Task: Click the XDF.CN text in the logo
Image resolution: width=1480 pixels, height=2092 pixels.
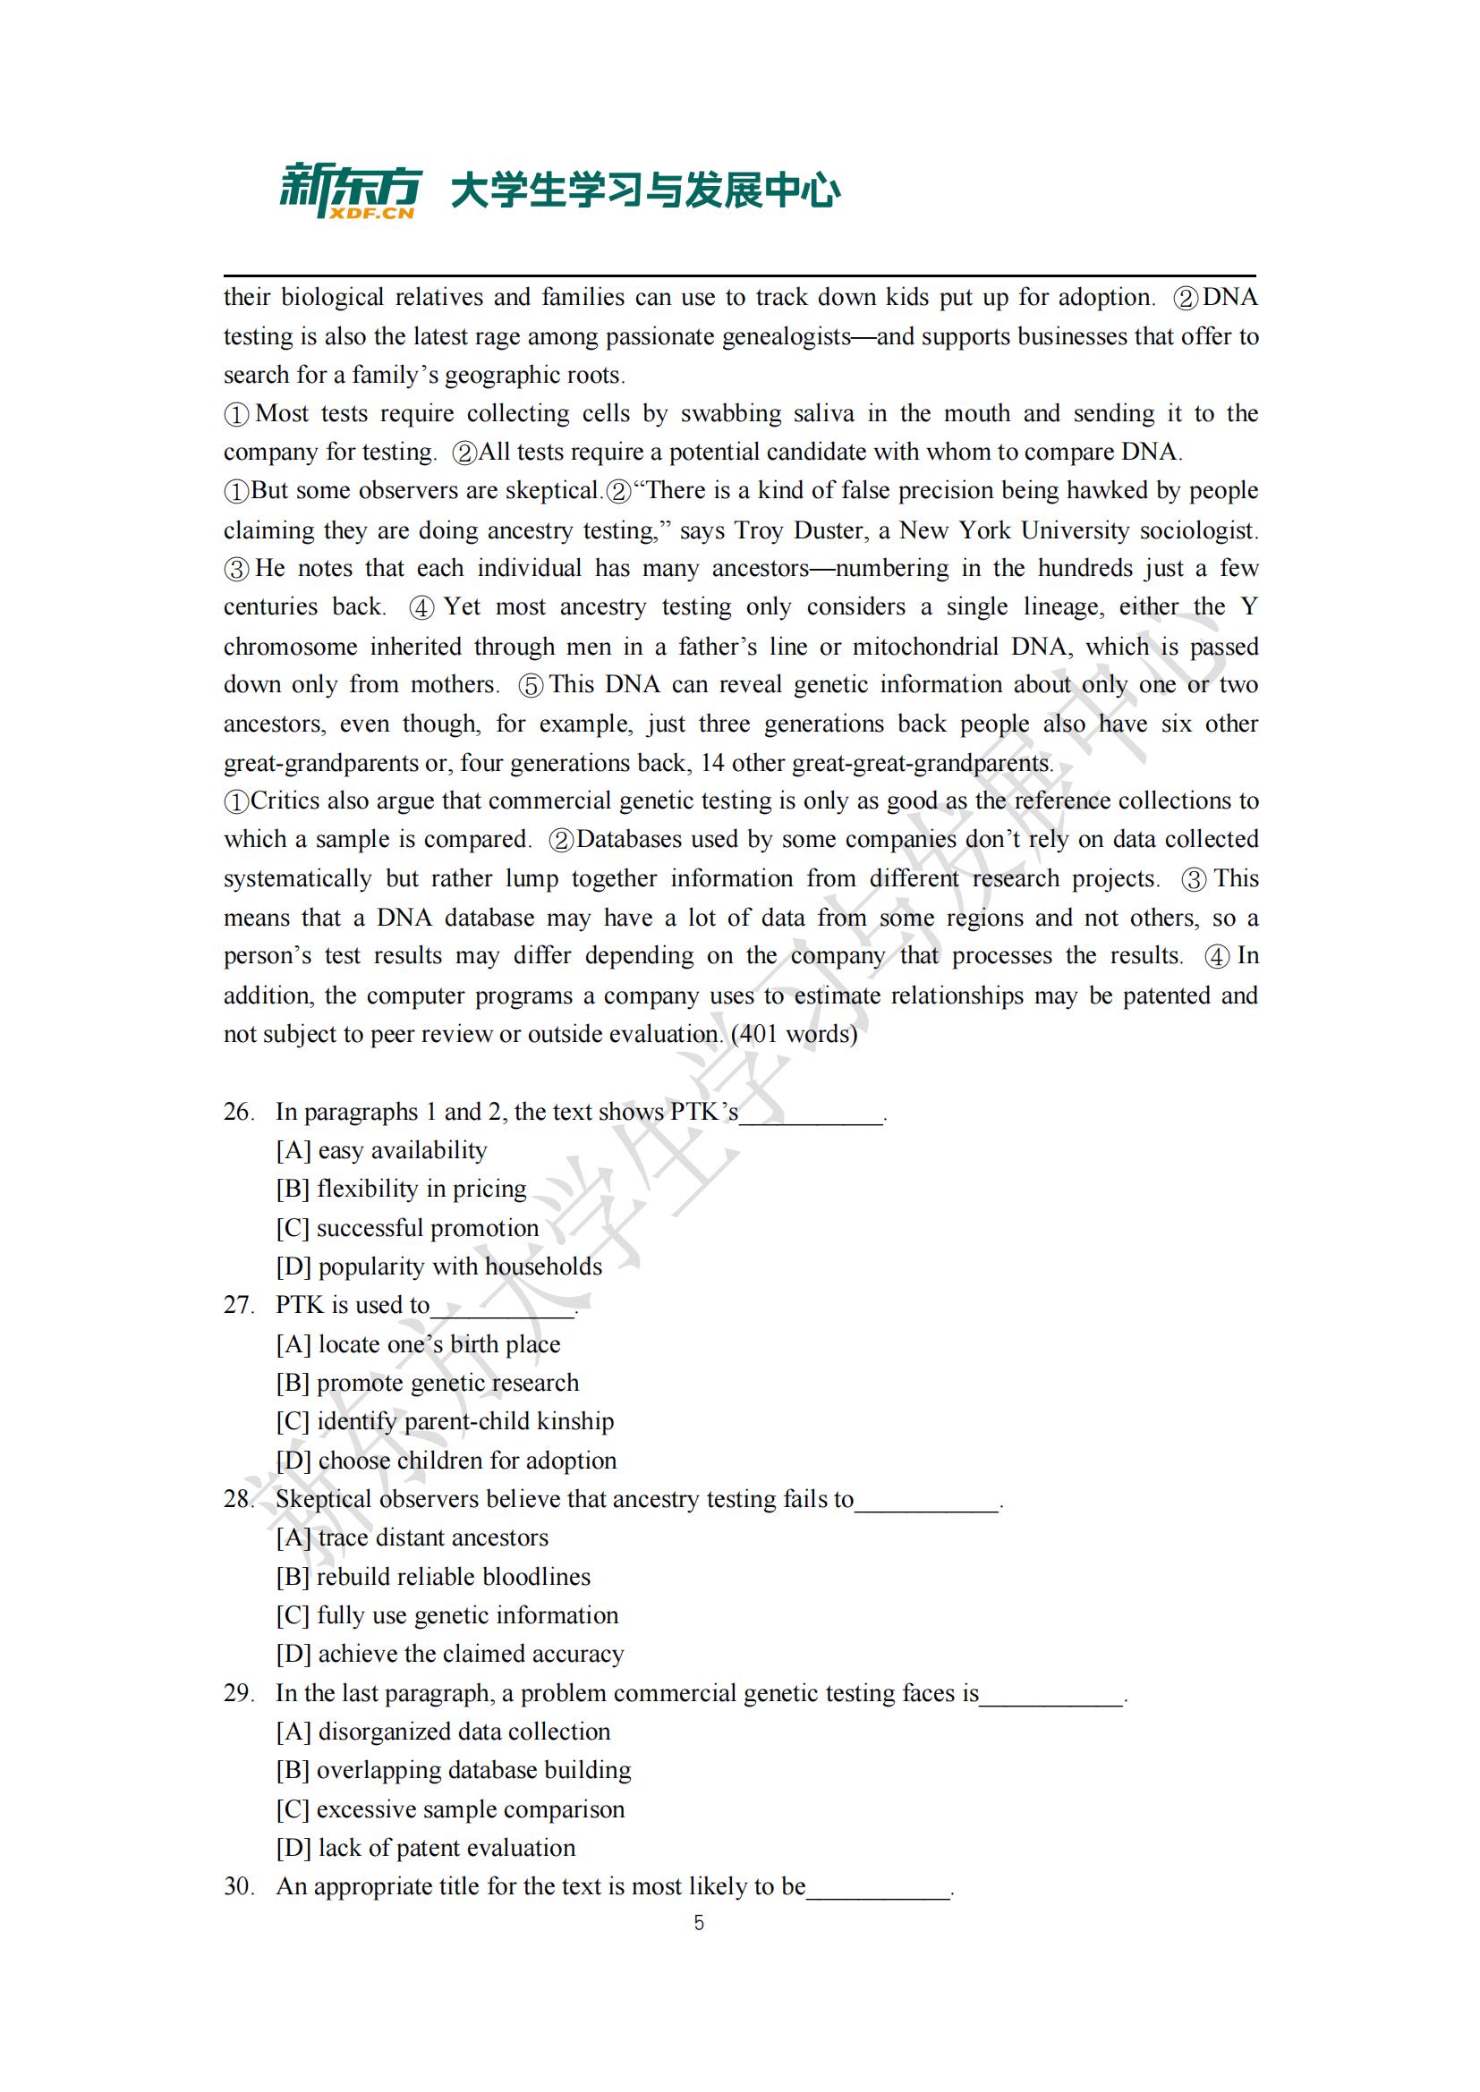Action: click(x=372, y=213)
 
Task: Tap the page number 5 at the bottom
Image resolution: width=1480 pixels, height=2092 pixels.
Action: click(x=699, y=1923)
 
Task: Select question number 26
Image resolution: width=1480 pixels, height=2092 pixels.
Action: click(x=238, y=1112)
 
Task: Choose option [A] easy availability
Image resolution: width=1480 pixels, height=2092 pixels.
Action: click(x=381, y=1150)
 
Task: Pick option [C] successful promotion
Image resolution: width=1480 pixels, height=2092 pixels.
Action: click(x=407, y=1227)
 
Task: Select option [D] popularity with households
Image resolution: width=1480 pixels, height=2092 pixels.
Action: click(x=438, y=1266)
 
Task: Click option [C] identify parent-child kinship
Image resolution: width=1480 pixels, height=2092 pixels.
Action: click(x=445, y=1420)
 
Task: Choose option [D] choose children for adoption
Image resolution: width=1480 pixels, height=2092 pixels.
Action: click(x=446, y=1460)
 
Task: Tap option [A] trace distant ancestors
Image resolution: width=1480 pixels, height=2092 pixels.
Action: click(x=412, y=1537)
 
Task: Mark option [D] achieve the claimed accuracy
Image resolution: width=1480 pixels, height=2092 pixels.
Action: click(x=449, y=1653)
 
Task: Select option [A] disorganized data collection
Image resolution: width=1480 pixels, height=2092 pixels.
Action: click(x=443, y=1732)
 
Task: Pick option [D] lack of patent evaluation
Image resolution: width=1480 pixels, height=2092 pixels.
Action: click(x=426, y=1847)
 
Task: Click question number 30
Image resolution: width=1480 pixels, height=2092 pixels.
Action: click(x=238, y=1886)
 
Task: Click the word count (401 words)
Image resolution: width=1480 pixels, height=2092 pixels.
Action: click(x=794, y=1033)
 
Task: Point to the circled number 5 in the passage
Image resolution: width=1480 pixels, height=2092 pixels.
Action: click(x=531, y=685)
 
